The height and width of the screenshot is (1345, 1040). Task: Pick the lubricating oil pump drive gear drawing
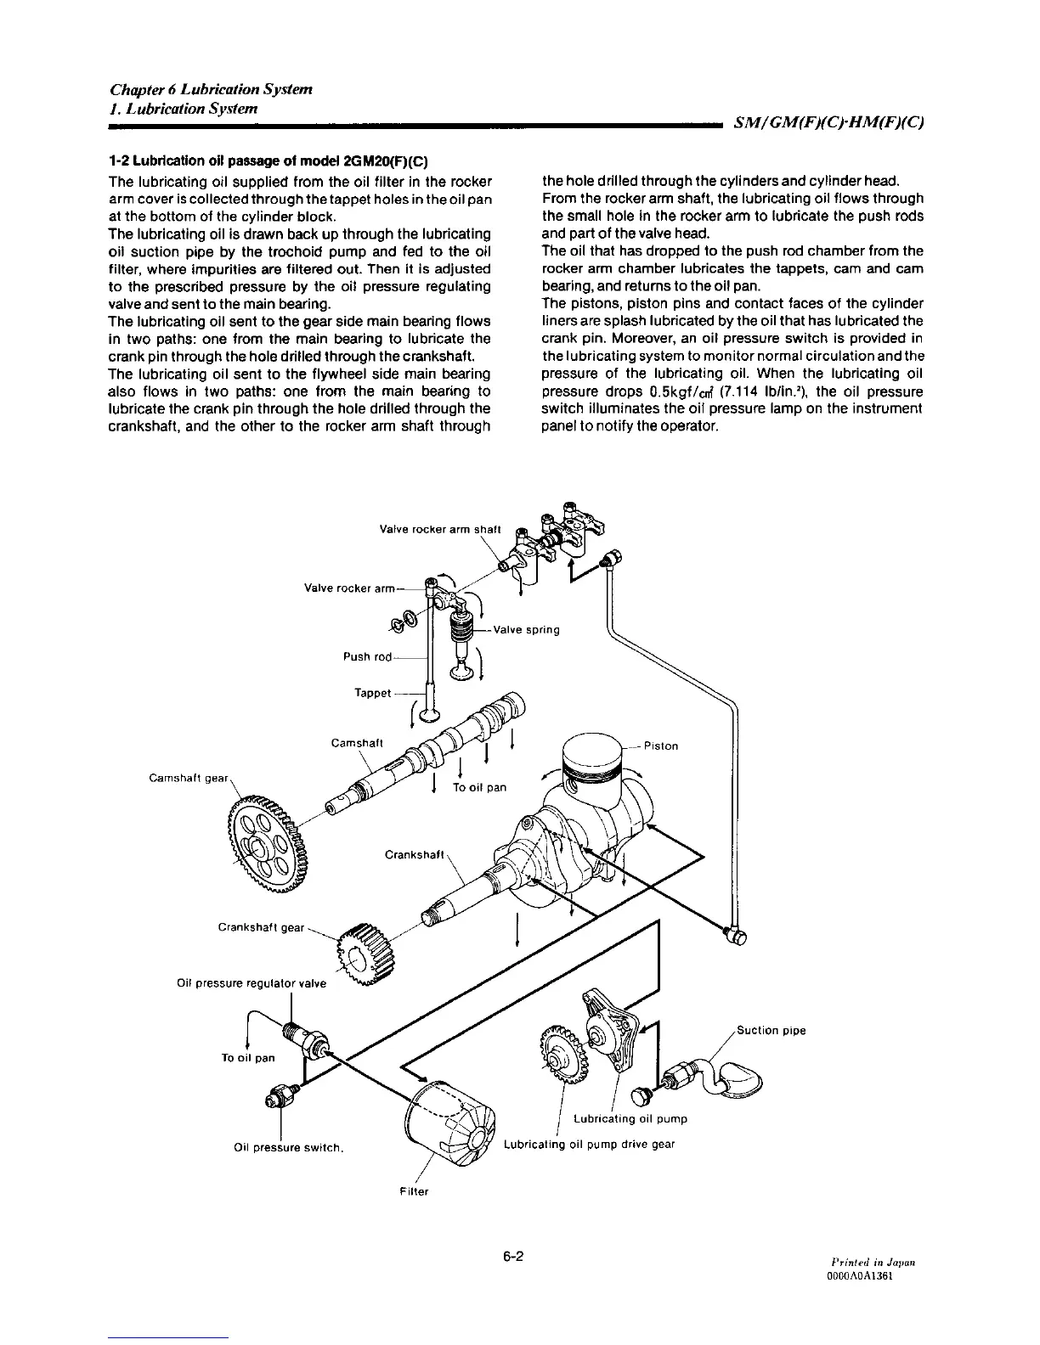[557, 1049]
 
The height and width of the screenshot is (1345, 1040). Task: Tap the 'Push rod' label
[368, 656]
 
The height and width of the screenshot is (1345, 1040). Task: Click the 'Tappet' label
[372, 693]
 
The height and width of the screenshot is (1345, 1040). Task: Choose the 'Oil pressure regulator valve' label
[251, 983]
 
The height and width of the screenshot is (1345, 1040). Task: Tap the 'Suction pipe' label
[771, 1031]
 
